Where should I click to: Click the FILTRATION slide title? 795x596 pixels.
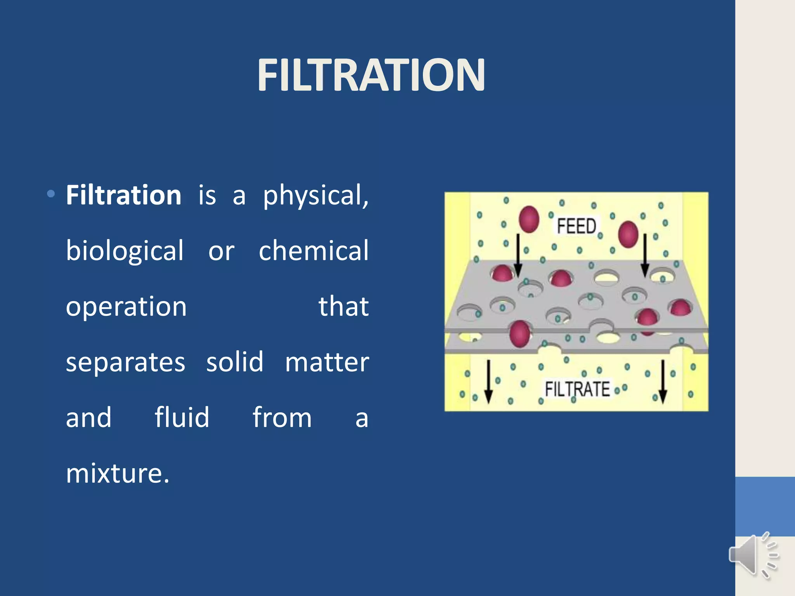tap(371, 75)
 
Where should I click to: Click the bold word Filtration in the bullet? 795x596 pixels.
tap(123, 195)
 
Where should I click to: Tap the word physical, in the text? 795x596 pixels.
tap(316, 196)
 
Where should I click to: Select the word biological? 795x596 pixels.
tap(125, 251)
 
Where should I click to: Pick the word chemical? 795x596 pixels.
tap(314, 250)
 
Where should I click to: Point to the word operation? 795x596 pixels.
tap(126, 307)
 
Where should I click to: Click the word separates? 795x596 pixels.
tap(125, 362)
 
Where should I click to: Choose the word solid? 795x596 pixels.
tap(234, 362)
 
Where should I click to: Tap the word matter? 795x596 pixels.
tap(327, 362)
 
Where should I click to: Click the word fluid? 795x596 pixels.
tap(182, 418)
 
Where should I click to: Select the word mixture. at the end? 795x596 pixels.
tap(118, 473)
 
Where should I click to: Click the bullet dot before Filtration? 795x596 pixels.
tap(51, 194)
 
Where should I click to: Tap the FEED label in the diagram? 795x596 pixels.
tap(576, 226)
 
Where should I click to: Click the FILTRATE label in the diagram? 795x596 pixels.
tap(577, 389)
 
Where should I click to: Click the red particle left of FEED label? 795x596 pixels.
tap(529, 219)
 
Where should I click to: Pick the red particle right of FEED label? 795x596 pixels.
tap(628, 234)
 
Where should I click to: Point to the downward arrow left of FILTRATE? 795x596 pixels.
tap(488, 382)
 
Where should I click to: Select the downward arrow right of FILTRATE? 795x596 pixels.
tap(663, 382)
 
